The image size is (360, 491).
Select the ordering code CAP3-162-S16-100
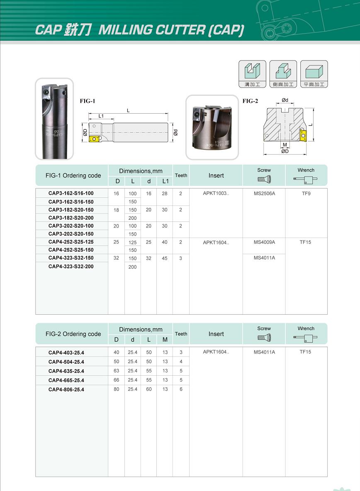coord(71,194)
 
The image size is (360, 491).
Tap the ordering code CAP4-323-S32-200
coord(71,267)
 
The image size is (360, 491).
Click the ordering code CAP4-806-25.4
coord(66,390)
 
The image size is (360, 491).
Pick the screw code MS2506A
coord(264,194)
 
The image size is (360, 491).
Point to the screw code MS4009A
coord(264,242)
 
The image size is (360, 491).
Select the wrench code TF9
coord(306,194)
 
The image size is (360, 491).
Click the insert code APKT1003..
coord(216,194)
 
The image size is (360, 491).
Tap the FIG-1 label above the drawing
coord(88,101)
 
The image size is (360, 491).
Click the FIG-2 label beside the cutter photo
coord(250,101)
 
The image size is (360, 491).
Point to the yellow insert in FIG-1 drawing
coord(95,139)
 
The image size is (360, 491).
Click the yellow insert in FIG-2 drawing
coord(303,134)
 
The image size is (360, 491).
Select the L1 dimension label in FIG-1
coord(101,116)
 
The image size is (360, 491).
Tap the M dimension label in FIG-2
coord(285,145)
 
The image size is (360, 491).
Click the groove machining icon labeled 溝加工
coord(252,74)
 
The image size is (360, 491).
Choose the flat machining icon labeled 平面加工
coord(314,74)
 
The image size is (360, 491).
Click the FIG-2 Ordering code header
coord(73,334)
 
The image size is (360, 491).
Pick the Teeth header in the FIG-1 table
coord(181,175)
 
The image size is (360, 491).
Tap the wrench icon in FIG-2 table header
coord(306,338)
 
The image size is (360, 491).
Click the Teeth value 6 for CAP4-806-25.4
coord(181,389)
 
